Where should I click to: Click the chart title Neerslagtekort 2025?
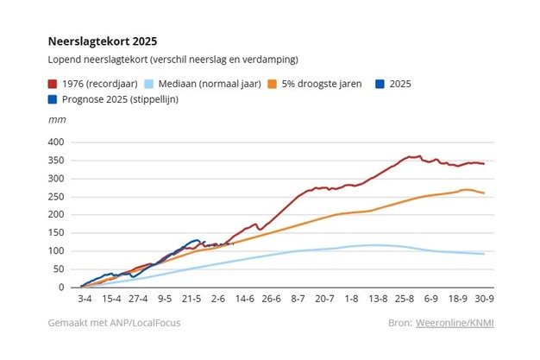[103, 41]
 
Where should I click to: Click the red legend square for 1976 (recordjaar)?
[53, 85]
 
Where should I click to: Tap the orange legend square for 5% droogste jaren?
[270, 85]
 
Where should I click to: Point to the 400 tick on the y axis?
[56, 142]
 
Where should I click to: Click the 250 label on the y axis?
[56, 197]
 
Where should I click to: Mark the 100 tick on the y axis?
[56, 251]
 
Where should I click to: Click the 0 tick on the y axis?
[61, 287]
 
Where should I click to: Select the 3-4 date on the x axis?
[84, 300]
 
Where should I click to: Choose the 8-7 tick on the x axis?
[298, 300]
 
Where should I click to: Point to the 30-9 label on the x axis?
[484, 300]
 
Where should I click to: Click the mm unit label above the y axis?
[56, 121]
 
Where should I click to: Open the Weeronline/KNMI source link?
[473, 324]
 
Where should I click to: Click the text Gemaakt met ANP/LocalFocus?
[115, 324]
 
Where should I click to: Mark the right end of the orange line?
[484, 193]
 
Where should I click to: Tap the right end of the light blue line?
[484, 254]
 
